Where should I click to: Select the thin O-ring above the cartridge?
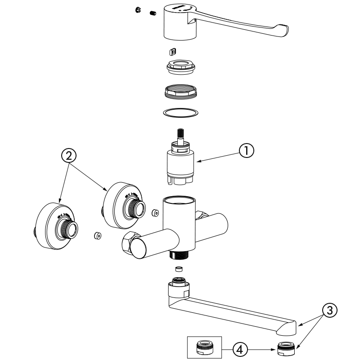[x=180, y=112]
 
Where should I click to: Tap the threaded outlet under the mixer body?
[x=179, y=255]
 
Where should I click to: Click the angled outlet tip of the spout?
[x=287, y=327]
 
